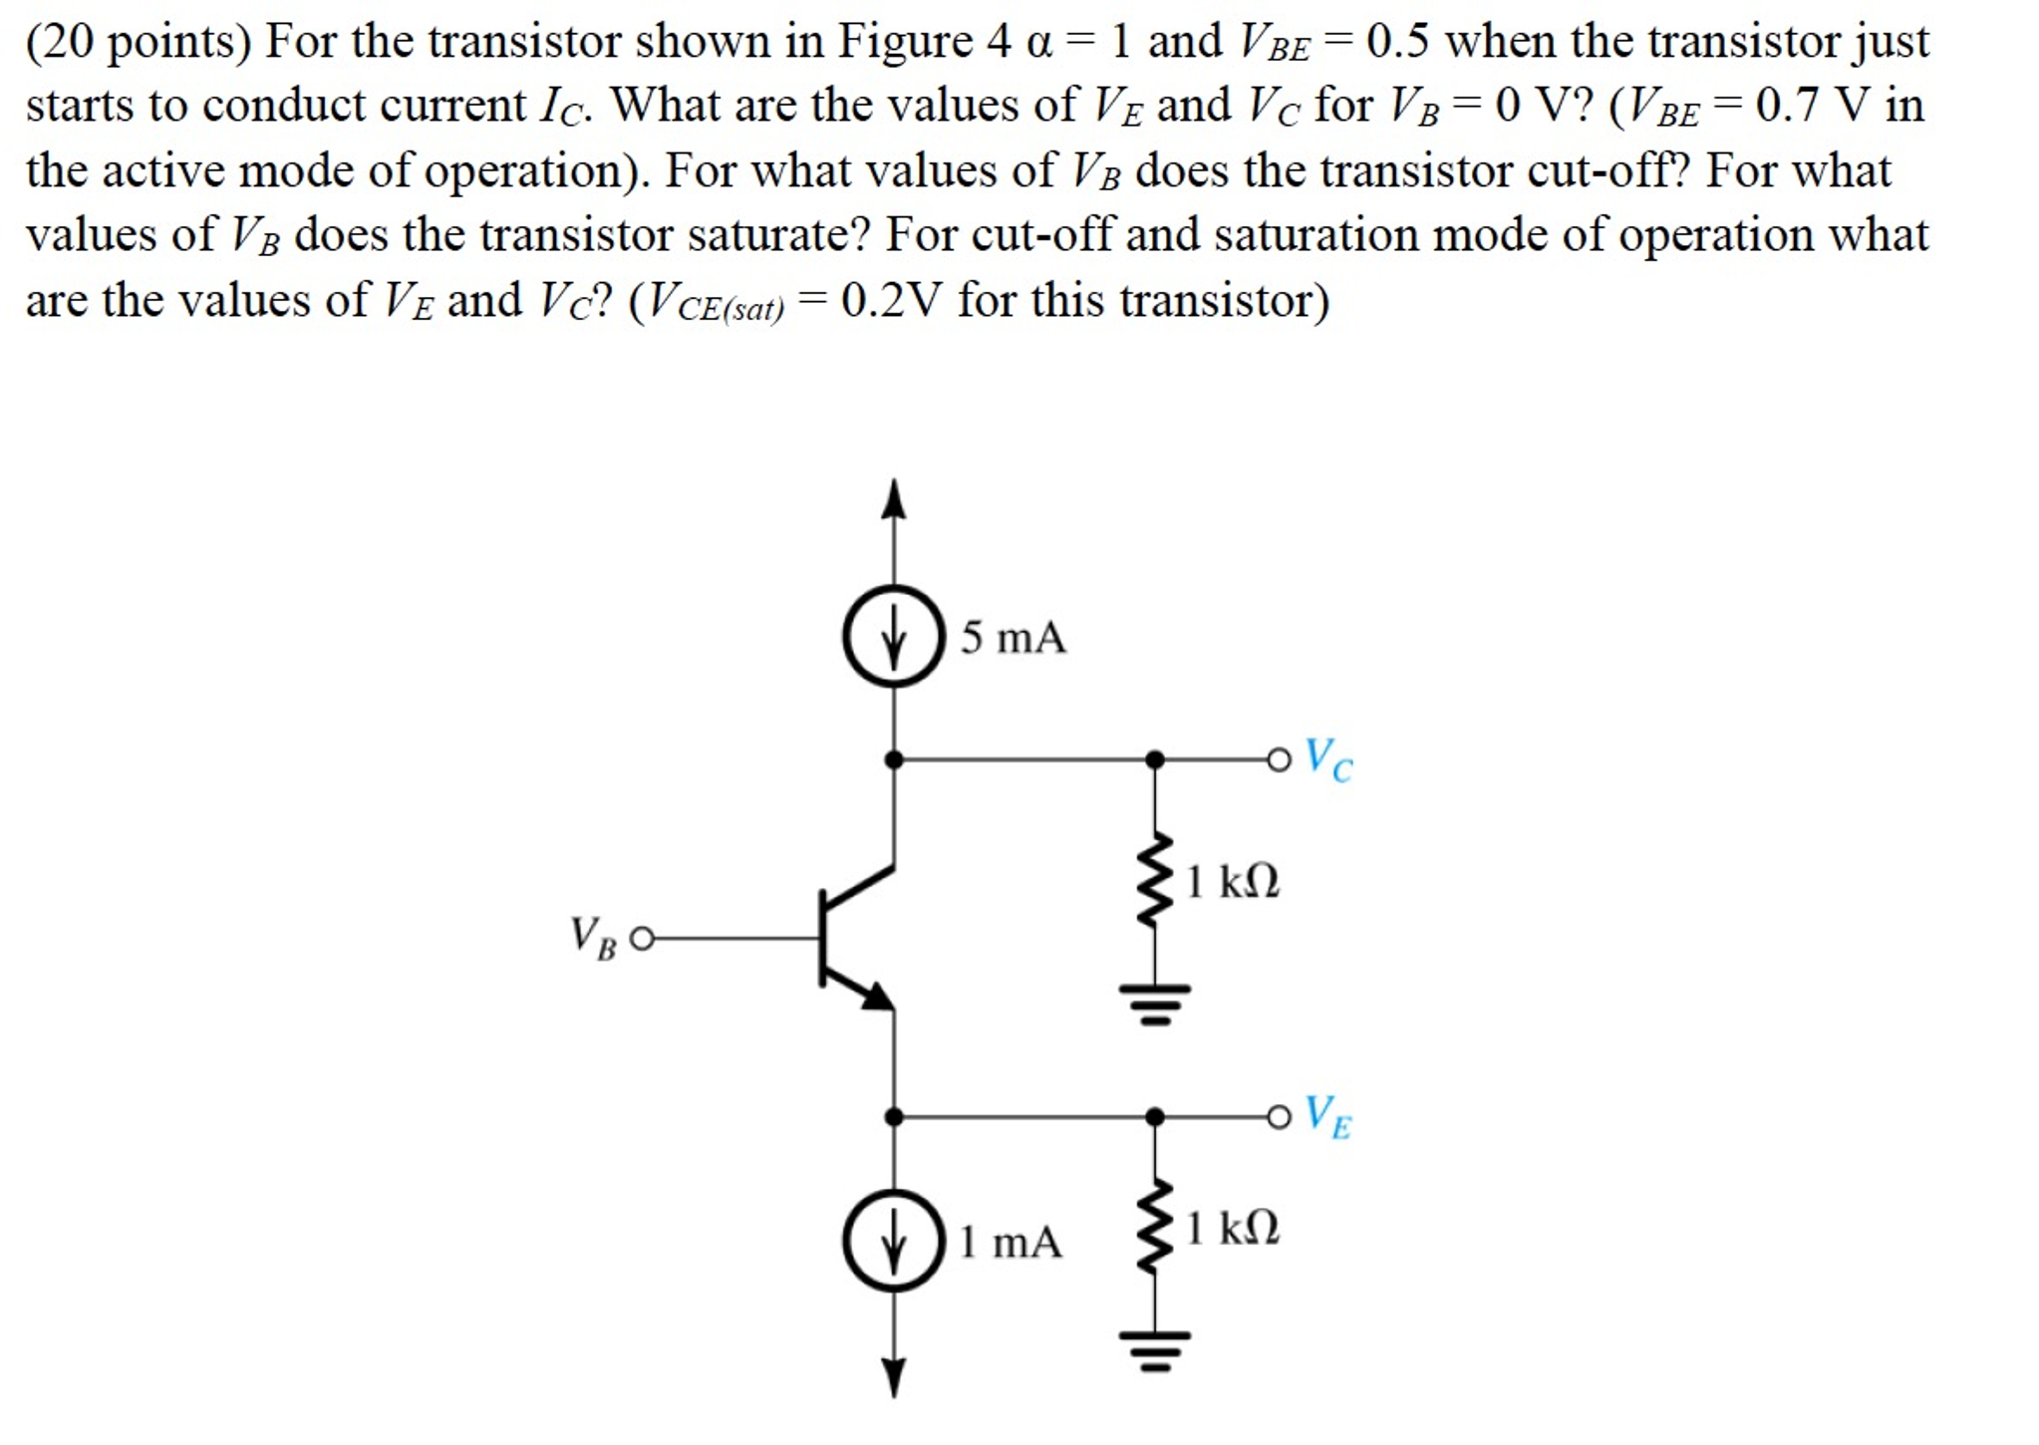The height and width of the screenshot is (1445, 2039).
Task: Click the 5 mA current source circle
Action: click(x=893, y=636)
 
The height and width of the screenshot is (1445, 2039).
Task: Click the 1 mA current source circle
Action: click(x=893, y=1241)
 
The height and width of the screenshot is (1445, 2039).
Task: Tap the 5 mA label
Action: click(x=1013, y=638)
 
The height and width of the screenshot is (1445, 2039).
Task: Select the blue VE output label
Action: click(x=1328, y=1116)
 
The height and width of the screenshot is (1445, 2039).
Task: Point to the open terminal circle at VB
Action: click(x=643, y=939)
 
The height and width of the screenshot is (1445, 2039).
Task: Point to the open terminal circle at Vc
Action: click(x=1279, y=760)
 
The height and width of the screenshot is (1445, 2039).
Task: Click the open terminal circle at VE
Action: click(x=1279, y=1116)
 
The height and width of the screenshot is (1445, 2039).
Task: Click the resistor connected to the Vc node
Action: click(x=1155, y=881)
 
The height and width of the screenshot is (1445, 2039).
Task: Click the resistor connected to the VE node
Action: click(x=1155, y=1228)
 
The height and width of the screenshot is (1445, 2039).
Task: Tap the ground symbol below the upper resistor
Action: click(x=1155, y=1003)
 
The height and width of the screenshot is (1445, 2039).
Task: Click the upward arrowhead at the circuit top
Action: click(x=894, y=499)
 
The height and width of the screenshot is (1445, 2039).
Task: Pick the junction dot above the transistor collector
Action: click(x=894, y=760)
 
